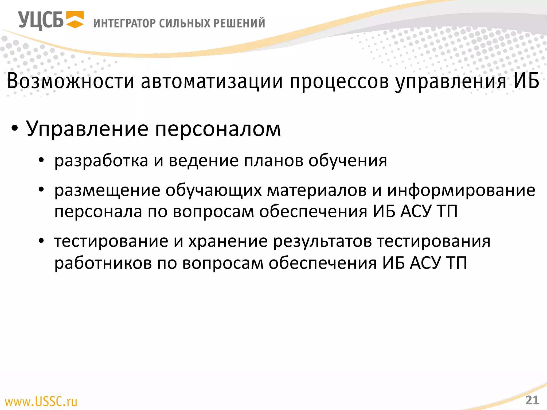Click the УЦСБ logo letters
click(41, 20)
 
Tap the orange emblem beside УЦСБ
click(75, 19)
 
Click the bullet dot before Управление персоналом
click(15, 129)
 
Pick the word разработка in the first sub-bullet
click(101, 161)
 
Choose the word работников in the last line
click(103, 263)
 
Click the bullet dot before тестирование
click(41, 241)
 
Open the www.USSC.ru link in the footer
click(41, 401)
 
